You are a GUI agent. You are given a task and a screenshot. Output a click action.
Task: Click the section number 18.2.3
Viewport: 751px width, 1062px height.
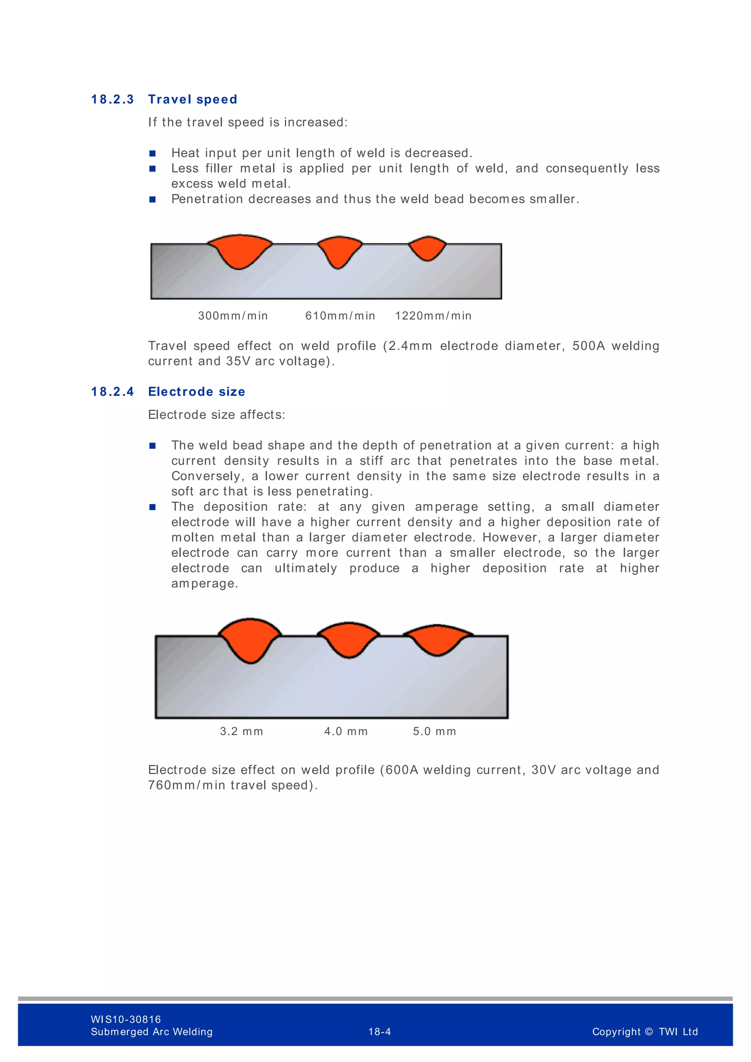[112, 99]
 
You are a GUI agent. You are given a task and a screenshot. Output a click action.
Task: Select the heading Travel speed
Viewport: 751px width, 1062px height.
[193, 99]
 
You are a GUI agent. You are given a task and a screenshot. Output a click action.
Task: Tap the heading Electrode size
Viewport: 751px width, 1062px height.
[197, 392]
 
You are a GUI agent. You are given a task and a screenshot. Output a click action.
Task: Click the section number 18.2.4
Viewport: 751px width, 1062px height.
[112, 392]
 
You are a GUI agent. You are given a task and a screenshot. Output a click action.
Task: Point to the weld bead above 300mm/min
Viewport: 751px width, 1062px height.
[239, 250]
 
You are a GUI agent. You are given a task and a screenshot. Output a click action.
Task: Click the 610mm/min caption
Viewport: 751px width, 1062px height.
[340, 316]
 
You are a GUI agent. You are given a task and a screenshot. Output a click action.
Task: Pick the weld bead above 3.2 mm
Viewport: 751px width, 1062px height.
[250, 639]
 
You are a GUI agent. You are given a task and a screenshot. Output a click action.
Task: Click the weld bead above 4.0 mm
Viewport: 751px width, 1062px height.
[349, 639]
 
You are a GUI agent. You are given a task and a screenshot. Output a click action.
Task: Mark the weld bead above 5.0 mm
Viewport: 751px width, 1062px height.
[437, 639]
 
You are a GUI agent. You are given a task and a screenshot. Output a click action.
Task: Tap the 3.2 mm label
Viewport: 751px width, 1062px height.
[241, 731]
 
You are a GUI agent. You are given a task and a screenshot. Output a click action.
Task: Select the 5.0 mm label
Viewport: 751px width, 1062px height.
[434, 731]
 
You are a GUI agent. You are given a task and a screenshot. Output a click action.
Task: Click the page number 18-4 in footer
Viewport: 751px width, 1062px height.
[380, 1032]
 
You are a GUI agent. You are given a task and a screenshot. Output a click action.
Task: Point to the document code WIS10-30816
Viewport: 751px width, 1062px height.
[126, 1019]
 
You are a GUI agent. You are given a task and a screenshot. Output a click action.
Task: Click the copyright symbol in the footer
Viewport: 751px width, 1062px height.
[649, 1032]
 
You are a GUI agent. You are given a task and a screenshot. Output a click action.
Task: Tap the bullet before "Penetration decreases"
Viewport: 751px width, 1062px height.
[153, 199]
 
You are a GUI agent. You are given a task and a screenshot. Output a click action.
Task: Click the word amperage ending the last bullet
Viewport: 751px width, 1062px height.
[204, 584]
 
